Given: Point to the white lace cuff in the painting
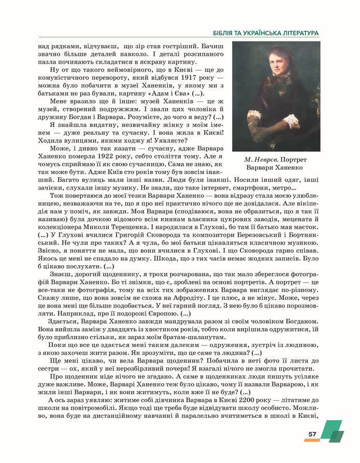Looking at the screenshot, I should (x=292, y=122).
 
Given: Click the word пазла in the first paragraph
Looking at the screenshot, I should (x=50, y=61).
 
